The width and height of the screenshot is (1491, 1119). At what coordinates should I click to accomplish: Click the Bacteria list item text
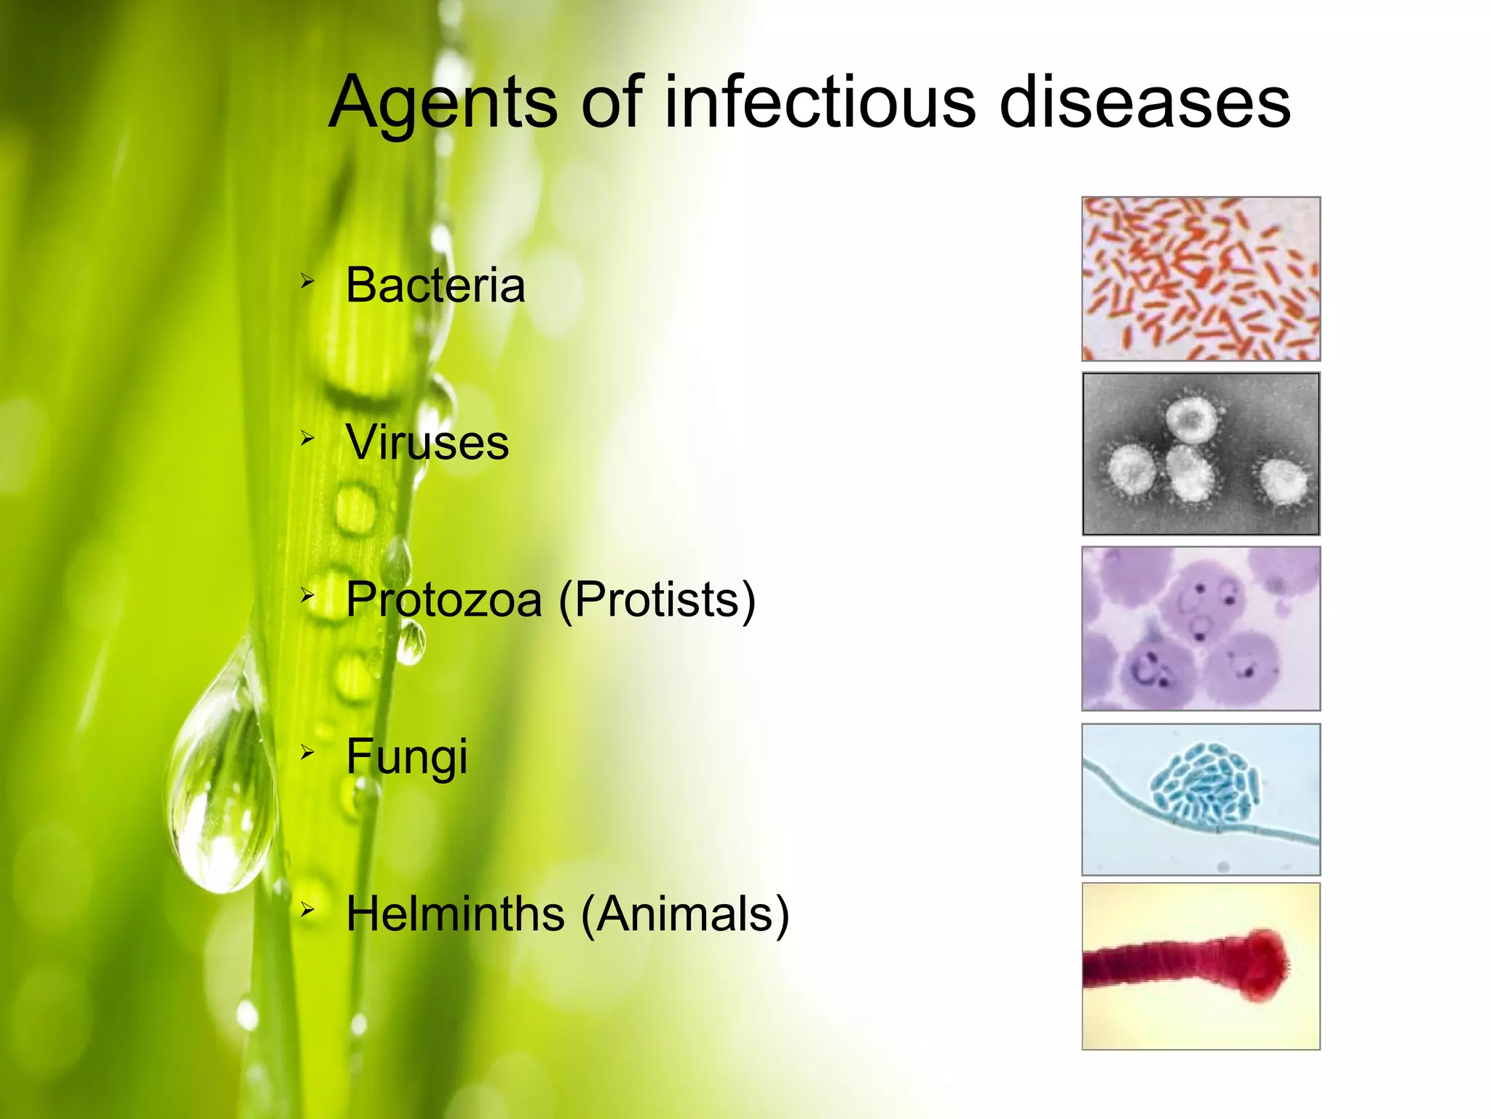435,285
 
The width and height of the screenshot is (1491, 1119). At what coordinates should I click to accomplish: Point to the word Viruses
427,442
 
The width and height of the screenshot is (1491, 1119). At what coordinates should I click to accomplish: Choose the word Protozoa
443,600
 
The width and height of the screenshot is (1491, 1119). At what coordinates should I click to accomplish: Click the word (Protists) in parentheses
657,600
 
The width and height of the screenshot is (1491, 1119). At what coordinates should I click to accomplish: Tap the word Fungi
406,757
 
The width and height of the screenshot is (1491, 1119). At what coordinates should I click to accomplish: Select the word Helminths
455,914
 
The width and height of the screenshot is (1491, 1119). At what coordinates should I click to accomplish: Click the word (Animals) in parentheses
684,914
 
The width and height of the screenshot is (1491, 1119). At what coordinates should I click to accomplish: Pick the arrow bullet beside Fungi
307,752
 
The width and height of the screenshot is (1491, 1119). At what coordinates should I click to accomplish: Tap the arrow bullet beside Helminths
307,908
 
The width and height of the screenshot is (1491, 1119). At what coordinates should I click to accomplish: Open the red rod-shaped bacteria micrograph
1201,278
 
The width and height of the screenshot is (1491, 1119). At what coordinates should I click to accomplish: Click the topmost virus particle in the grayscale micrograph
1191,420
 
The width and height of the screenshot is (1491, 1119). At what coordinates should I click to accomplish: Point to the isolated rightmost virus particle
1283,482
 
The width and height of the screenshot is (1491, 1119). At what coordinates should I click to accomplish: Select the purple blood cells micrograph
1201,628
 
